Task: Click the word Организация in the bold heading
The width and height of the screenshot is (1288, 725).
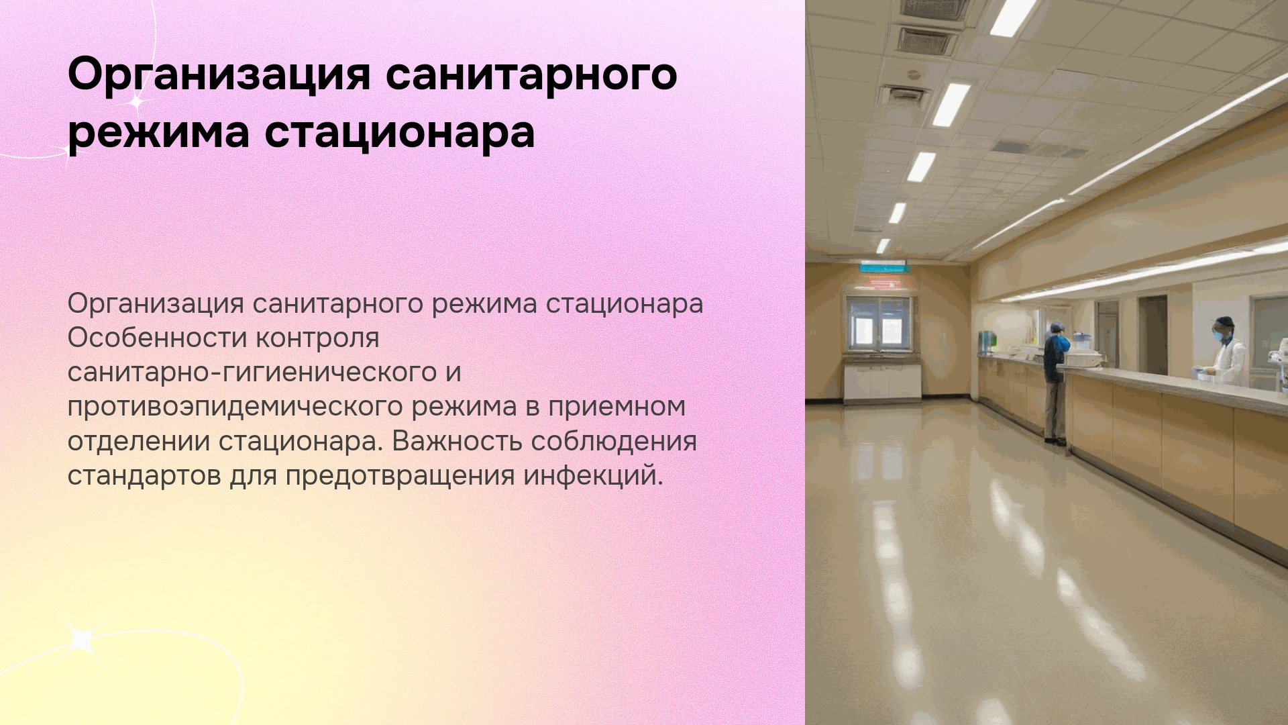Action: (x=219, y=76)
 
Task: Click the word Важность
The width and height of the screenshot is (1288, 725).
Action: (x=457, y=442)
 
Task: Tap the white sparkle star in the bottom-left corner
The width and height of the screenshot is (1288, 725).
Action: (x=80, y=638)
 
